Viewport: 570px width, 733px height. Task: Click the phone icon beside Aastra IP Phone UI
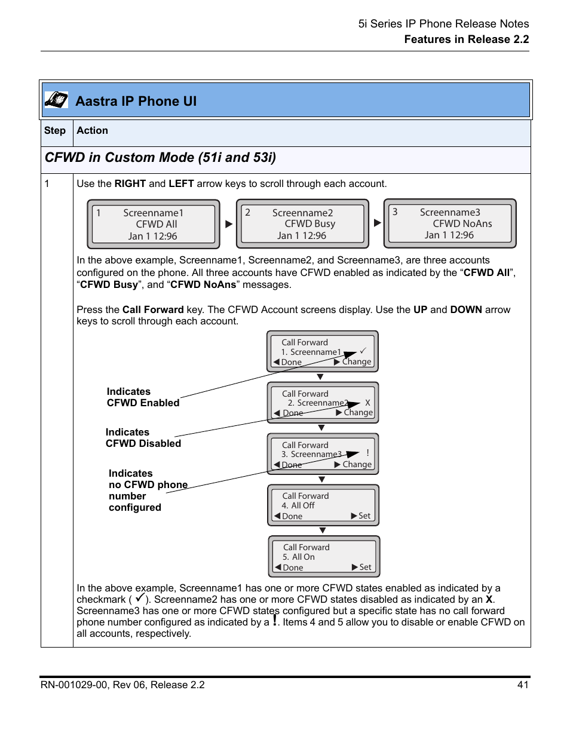tap(56, 100)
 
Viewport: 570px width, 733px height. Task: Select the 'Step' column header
tap(55, 131)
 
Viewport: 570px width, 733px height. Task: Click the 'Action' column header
tap(93, 131)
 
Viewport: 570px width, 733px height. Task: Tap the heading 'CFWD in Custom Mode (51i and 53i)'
tap(160, 158)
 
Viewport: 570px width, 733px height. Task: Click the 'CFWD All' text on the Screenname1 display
tap(156, 224)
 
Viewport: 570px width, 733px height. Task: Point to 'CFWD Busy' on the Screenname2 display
tap(309, 223)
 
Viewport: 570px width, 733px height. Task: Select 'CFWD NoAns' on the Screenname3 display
tap(462, 223)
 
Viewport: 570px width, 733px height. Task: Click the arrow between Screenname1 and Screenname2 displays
tap(228, 224)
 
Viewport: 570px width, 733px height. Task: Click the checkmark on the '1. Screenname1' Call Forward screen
tap(362, 351)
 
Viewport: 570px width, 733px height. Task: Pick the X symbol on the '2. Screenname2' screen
tap(367, 403)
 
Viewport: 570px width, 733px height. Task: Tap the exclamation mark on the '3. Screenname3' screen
tap(368, 453)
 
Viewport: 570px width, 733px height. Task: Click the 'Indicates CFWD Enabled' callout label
tap(143, 397)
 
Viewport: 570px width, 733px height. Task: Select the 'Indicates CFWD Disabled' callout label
tap(143, 438)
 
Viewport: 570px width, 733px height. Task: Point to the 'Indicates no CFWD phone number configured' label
tap(148, 490)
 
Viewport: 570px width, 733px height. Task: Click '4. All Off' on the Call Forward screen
tap(298, 505)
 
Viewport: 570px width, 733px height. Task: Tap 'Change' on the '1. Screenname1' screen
tap(356, 362)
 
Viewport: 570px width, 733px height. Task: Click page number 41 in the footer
tap(523, 685)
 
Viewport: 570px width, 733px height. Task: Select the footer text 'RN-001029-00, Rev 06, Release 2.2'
tap(122, 685)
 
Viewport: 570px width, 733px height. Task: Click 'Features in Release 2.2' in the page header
tap(466, 39)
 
